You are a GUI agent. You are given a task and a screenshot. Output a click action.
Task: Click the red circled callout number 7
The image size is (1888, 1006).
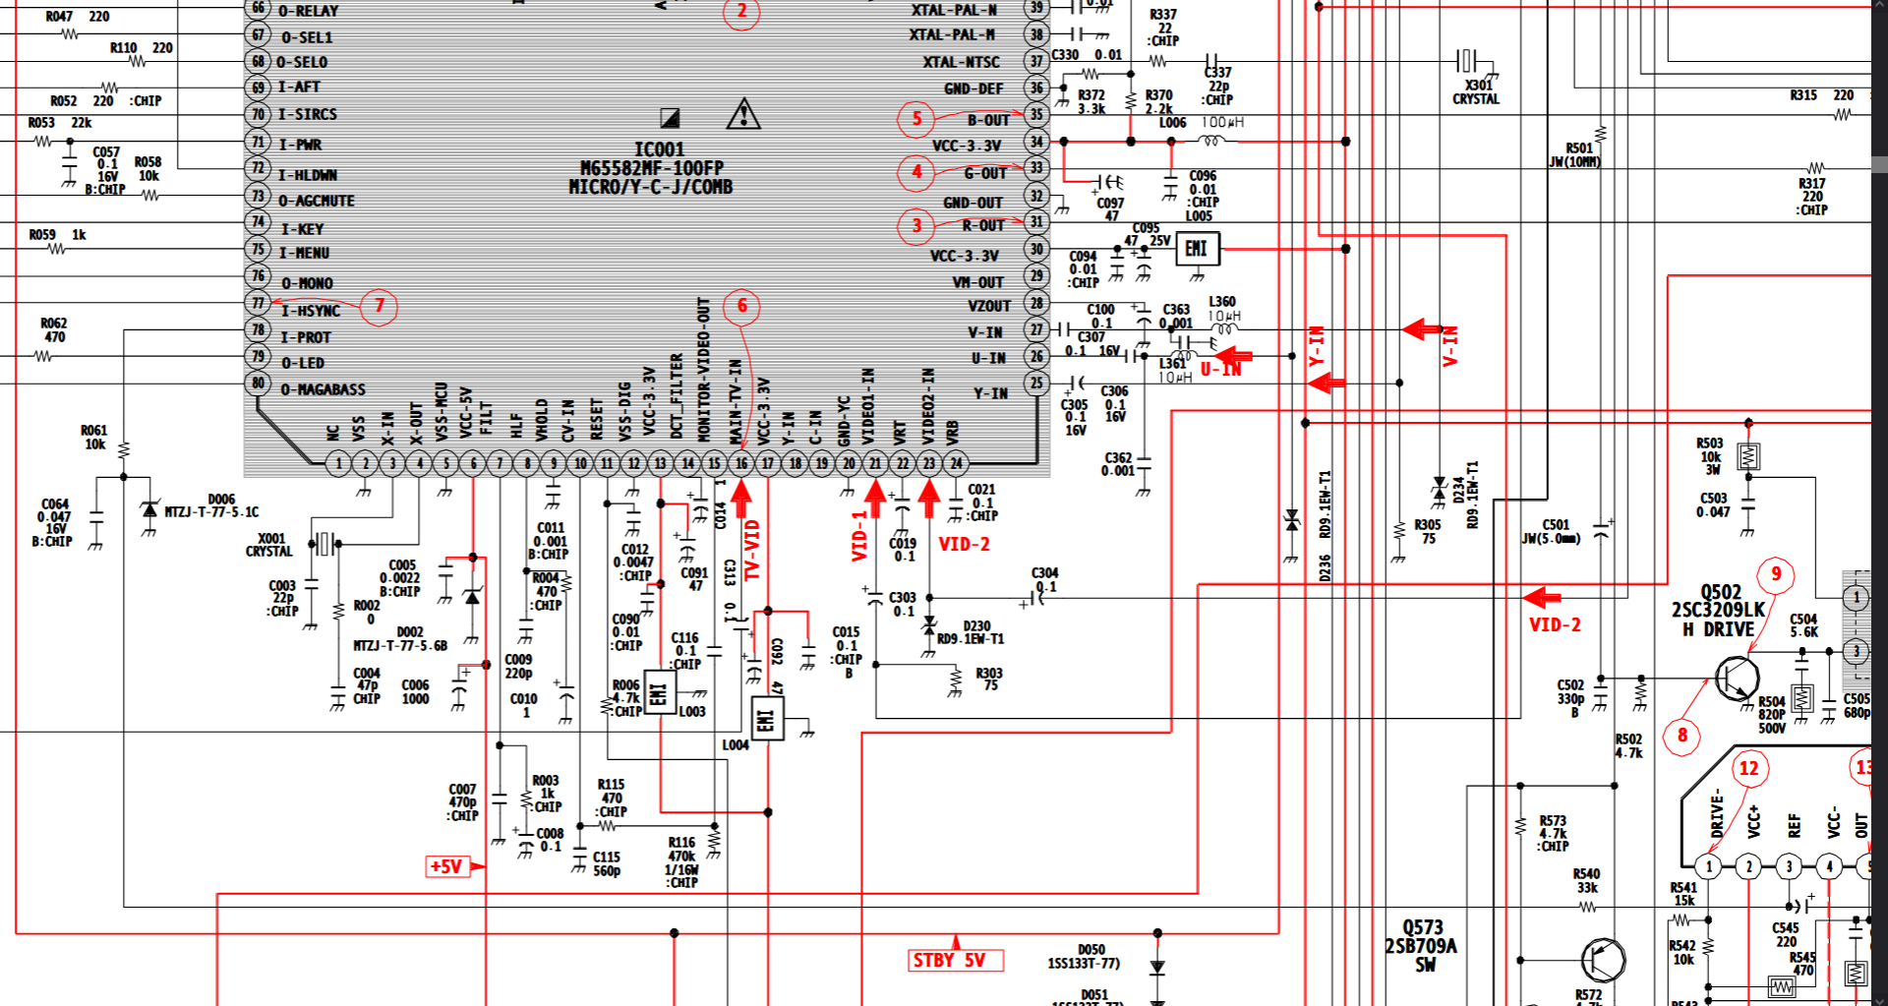[x=379, y=307]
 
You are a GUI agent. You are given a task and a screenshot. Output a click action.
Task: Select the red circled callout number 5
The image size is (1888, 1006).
[x=915, y=119]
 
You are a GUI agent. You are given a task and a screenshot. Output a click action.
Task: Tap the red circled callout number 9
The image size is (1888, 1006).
[x=1776, y=574]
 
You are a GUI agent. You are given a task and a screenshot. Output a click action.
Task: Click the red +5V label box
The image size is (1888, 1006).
[x=446, y=866]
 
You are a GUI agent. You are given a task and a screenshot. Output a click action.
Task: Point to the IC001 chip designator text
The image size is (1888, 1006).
[x=658, y=149]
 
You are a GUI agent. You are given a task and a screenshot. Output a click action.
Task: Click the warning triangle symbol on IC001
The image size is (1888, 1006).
[x=743, y=114]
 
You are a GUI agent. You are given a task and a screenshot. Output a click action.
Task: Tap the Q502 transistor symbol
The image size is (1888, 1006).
[x=1736, y=678]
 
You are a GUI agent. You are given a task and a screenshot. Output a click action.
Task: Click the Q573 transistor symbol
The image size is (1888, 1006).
[x=1602, y=960]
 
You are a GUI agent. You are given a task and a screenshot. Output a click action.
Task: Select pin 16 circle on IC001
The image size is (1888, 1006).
[x=740, y=463]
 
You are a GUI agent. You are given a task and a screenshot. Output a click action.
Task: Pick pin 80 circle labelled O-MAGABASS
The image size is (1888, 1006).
[x=258, y=383]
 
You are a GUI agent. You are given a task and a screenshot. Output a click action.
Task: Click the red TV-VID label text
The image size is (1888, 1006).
[x=752, y=550]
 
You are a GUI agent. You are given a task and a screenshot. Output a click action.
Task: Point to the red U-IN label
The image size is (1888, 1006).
[x=1220, y=370]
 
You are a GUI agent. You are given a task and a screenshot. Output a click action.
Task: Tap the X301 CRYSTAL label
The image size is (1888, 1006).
[x=1476, y=92]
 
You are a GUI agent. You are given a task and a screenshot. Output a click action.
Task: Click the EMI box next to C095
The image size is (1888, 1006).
[x=1197, y=249]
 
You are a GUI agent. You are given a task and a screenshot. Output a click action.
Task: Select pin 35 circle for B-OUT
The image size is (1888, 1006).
[x=1036, y=114]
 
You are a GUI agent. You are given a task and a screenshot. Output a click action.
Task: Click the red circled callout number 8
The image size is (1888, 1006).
[x=1681, y=736]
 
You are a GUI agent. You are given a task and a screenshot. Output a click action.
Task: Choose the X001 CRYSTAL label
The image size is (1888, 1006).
[x=269, y=545]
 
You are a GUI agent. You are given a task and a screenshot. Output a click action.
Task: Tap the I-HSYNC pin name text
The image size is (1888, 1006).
[x=311, y=311]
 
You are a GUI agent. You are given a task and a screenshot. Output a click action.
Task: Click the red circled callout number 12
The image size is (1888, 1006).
[x=1748, y=768]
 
